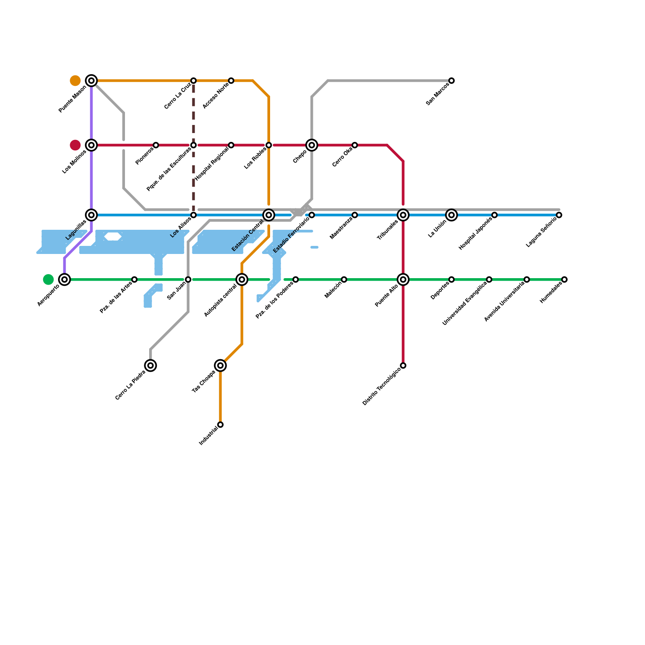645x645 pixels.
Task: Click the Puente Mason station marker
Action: pyautogui.click(x=92, y=81)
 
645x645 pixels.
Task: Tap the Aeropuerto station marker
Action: pyautogui.click(x=64, y=279)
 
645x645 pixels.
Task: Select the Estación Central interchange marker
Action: pyautogui.click(x=269, y=215)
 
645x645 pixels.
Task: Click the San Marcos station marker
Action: pyautogui.click(x=451, y=81)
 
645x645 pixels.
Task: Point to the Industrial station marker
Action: pyautogui.click(x=221, y=424)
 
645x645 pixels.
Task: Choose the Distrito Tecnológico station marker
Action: pyautogui.click(x=403, y=366)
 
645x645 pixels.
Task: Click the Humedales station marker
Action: pyautogui.click(x=564, y=279)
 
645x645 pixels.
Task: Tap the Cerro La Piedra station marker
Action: pyautogui.click(x=150, y=366)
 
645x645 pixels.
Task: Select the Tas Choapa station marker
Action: pyautogui.click(x=221, y=366)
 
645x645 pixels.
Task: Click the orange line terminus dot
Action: pyautogui.click(x=75, y=81)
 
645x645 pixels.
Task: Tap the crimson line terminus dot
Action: pyautogui.click(x=75, y=145)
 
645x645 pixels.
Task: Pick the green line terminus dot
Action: pyautogui.click(x=48, y=279)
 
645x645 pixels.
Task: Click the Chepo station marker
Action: pyautogui.click(x=312, y=145)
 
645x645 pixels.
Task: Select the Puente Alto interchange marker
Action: pyautogui.click(x=403, y=279)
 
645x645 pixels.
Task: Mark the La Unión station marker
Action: pyautogui.click(x=451, y=215)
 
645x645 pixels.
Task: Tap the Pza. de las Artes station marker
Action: pyautogui.click(x=134, y=279)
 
